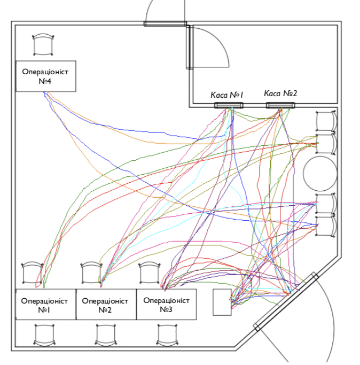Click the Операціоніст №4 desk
click(45, 76)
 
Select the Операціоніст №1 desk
click(45, 305)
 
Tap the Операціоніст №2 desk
click(106, 305)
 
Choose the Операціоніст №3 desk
click(167, 304)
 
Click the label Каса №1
click(227, 95)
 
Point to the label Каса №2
click(280, 94)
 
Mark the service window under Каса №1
click(229, 105)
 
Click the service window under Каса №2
click(281, 105)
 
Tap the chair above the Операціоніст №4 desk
click(43, 45)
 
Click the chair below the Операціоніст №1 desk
click(44, 335)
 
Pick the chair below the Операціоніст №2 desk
click(105, 335)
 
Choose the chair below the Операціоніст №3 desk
click(167, 335)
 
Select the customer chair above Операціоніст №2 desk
click(91, 273)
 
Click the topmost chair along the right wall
click(325, 121)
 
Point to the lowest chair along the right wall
click(325, 227)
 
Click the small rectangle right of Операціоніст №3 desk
click(222, 302)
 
